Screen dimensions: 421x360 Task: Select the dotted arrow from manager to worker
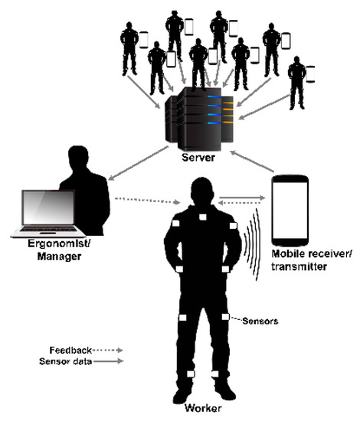145,201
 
